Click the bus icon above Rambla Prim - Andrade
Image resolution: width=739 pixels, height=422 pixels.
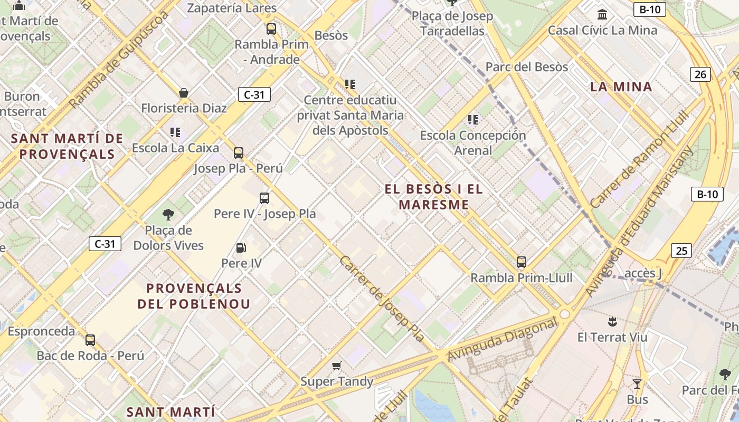[x=271, y=29]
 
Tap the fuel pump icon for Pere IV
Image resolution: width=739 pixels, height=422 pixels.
[x=241, y=247]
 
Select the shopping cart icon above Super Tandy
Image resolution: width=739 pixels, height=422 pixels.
[x=336, y=366]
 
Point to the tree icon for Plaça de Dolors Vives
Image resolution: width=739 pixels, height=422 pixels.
[x=168, y=214]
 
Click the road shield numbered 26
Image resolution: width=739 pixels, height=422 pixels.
[x=700, y=74]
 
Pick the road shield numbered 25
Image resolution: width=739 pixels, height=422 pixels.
[x=681, y=251]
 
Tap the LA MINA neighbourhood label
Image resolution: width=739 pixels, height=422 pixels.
[x=621, y=87]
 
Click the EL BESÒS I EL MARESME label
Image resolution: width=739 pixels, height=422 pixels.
[x=434, y=197]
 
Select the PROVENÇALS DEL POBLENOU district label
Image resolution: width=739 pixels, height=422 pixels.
[x=194, y=296]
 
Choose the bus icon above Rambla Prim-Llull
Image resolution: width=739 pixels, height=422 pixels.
[x=521, y=262]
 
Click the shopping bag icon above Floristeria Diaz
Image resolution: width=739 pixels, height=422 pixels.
[x=184, y=93]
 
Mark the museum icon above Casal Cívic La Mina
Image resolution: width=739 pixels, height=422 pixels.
[x=602, y=14]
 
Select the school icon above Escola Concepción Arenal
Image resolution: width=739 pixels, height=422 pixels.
[x=472, y=120]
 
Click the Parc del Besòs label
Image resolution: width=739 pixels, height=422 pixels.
[x=526, y=67]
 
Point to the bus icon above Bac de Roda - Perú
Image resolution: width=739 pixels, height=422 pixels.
[x=90, y=340]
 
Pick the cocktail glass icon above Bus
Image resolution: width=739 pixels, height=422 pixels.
[x=637, y=383]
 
